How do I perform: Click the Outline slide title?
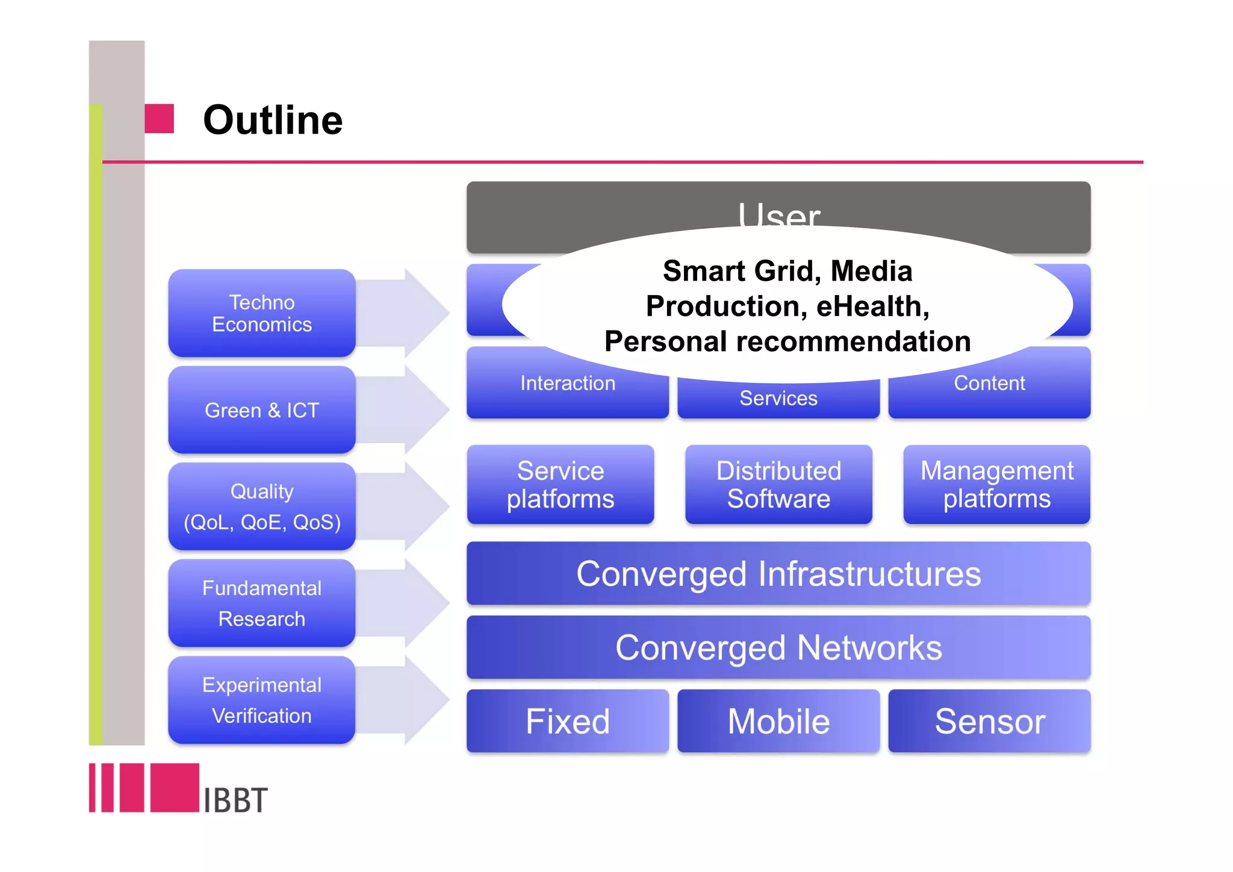click(x=273, y=120)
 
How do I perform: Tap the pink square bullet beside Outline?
click(x=160, y=119)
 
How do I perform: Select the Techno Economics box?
click(x=262, y=313)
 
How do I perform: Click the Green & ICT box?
click(x=262, y=410)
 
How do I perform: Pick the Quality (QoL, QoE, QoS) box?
click(x=262, y=506)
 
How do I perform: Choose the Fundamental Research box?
click(x=262, y=603)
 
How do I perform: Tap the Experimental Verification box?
click(x=262, y=700)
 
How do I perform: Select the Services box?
click(x=778, y=399)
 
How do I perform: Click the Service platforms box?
click(x=561, y=485)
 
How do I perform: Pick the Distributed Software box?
click(x=778, y=485)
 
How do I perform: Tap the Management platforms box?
click(x=996, y=485)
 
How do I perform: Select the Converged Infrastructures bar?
click(x=778, y=573)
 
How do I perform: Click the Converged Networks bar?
click(x=778, y=648)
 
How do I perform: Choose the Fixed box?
click(x=567, y=721)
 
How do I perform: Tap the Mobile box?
click(x=778, y=721)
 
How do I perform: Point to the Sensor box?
click(x=989, y=721)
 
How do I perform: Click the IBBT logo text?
click(x=235, y=800)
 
